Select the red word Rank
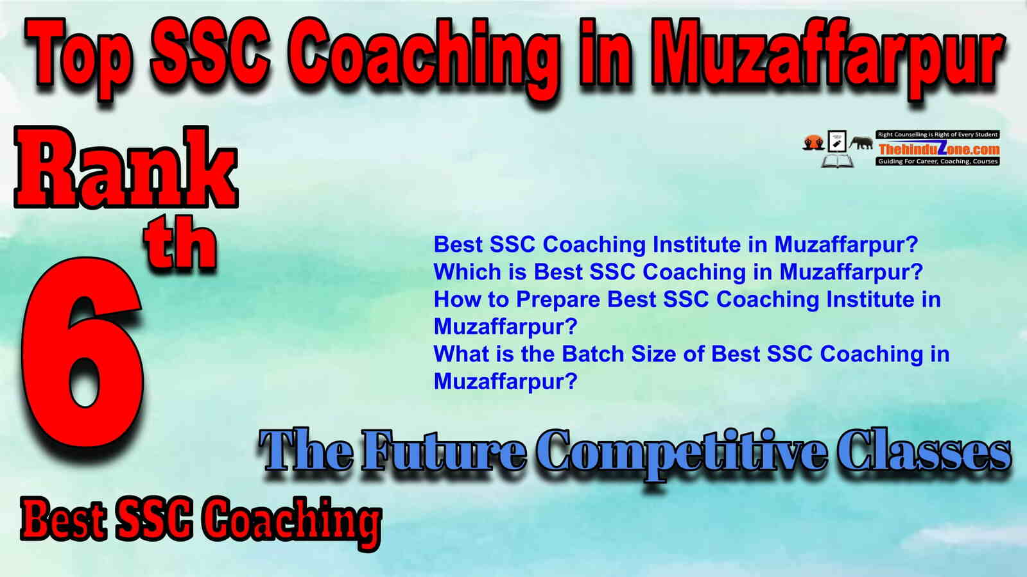pos(126,167)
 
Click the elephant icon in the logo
pos(861,143)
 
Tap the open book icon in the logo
pos(837,161)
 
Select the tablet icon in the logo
pos(837,141)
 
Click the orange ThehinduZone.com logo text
pos(938,148)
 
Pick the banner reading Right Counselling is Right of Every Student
pos(938,135)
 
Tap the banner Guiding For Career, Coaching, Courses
pos(938,161)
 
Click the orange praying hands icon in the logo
pos(814,142)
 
